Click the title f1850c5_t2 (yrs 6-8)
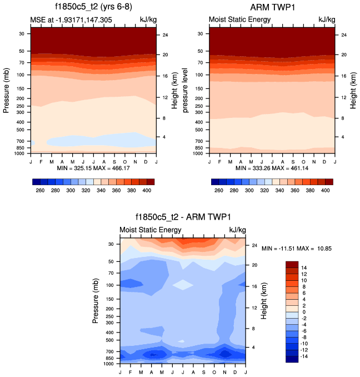[x=92, y=7]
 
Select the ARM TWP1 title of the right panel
[x=273, y=7]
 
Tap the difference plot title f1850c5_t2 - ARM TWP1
[x=183, y=217]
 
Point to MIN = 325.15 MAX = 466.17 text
[x=93, y=167]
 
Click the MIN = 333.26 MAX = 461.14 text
[x=273, y=167]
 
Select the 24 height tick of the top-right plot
[x=344, y=35]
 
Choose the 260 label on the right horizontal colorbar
[x=218, y=190]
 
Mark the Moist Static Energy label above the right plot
[x=239, y=20]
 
